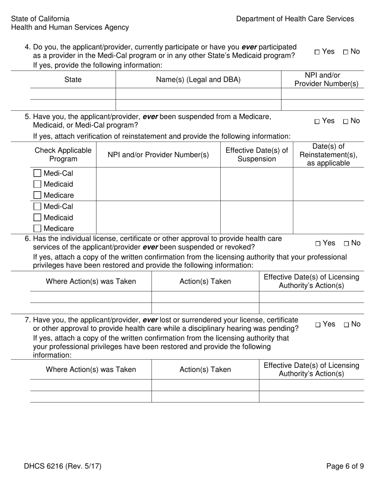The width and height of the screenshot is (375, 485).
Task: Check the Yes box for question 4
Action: tap(317, 52)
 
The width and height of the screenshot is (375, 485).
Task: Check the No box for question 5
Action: tap(345, 121)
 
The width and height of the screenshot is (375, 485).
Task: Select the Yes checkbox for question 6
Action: tap(318, 244)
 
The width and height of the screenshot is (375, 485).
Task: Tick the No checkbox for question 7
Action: tap(346, 325)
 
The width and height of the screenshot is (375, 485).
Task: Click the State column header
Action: tap(73, 80)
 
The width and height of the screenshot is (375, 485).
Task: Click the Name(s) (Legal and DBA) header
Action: tap(198, 80)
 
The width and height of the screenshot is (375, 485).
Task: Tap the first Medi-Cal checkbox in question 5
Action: tap(37, 173)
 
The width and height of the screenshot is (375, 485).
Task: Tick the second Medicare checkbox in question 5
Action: tap(37, 228)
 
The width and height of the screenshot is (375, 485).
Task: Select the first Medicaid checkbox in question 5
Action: tap(37, 184)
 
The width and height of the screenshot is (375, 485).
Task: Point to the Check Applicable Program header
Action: tap(63, 155)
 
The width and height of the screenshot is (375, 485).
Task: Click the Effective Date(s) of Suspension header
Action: tap(257, 155)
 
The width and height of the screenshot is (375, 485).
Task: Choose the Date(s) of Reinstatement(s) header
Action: tap(328, 155)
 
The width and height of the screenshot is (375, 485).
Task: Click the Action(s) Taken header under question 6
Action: tap(205, 282)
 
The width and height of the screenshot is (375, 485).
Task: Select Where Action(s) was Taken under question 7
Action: tap(91, 369)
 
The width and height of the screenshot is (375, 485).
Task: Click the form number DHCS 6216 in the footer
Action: tap(62, 466)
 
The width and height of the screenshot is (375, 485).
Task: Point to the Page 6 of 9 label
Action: tap(345, 466)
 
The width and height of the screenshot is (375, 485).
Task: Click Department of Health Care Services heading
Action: tap(295, 19)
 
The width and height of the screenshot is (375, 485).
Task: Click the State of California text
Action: tap(40, 19)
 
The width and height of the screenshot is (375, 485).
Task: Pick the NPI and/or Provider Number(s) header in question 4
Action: tap(326, 80)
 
